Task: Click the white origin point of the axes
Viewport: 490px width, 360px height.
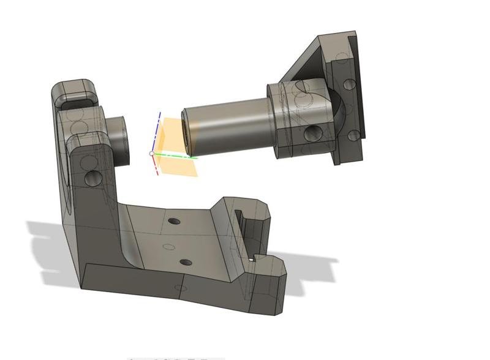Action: click(152, 153)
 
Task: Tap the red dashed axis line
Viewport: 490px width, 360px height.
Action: click(156, 165)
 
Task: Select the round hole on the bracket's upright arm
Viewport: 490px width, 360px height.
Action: click(94, 178)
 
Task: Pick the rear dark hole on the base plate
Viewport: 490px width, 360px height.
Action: click(175, 220)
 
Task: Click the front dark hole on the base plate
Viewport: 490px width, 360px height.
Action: click(186, 263)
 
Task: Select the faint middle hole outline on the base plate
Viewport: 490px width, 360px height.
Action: click(169, 247)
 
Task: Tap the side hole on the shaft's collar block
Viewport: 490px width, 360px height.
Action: click(313, 131)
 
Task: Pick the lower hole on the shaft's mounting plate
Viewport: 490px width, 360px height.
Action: click(353, 135)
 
